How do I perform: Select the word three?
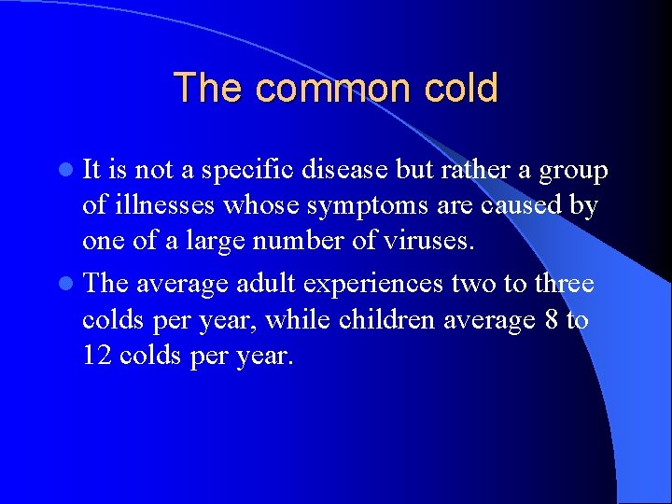(x=562, y=284)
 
